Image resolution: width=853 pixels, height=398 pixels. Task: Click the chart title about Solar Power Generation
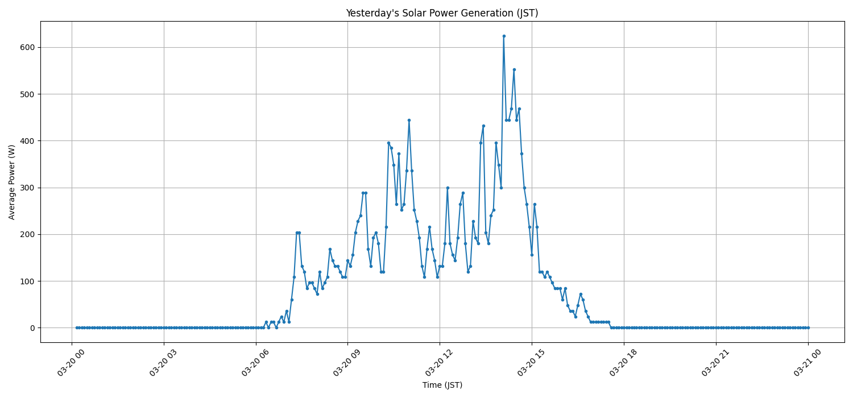(x=442, y=13)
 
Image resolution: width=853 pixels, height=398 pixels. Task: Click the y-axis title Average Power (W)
(x=12, y=182)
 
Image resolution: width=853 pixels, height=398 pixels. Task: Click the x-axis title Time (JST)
(x=442, y=385)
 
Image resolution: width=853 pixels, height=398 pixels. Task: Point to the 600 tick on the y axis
(x=27, y=47)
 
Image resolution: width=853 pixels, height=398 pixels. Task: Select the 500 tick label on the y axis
(x=27, y=94)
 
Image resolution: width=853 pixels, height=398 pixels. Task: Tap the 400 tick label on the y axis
(x=27, y=141)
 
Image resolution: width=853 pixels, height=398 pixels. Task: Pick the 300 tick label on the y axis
(x=27, y=188)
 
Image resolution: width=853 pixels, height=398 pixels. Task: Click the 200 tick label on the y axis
(x=27, y=234)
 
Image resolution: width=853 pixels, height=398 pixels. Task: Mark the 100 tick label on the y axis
(x=27, y=281)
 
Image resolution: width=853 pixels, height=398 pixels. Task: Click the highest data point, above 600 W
(x=504, y=36)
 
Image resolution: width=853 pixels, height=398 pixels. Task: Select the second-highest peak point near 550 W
(x=514, y=69)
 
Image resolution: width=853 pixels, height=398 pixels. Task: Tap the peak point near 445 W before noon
(x=409, y=120)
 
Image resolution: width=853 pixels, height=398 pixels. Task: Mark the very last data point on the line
(x=808, y=327)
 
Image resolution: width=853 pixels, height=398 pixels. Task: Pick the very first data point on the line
(x=77, y=327)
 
